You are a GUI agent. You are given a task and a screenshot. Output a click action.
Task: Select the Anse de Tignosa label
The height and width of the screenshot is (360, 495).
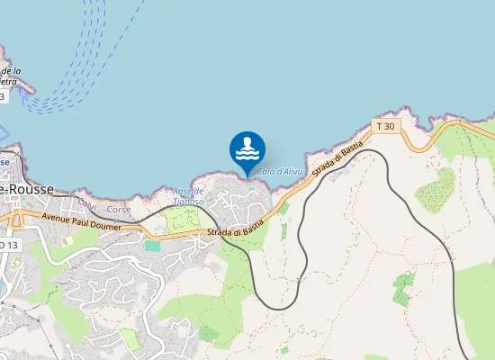[189, 195]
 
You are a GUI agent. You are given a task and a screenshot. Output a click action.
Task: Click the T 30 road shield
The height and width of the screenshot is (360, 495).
[386, 126]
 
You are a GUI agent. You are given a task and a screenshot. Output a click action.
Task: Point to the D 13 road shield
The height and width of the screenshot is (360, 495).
[7, 244]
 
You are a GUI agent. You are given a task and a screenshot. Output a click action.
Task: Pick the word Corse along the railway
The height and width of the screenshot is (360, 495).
[119, 210]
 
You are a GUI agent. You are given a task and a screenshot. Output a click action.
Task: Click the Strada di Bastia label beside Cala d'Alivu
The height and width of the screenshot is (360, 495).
[337, 158]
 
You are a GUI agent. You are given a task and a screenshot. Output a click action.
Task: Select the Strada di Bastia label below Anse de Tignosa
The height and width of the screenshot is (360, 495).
[235, 227]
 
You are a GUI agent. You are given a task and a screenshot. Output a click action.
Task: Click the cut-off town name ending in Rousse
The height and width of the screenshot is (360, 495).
[27, 190]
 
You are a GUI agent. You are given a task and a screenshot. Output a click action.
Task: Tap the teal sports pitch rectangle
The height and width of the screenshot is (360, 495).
[152, 245]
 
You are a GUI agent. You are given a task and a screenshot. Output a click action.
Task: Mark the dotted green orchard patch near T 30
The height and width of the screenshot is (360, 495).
[435, 189]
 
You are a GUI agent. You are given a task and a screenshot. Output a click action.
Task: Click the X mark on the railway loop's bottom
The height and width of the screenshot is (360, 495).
[299, 281]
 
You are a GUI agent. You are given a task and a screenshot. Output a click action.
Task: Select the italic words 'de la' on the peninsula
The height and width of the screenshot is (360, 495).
[11, 71]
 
